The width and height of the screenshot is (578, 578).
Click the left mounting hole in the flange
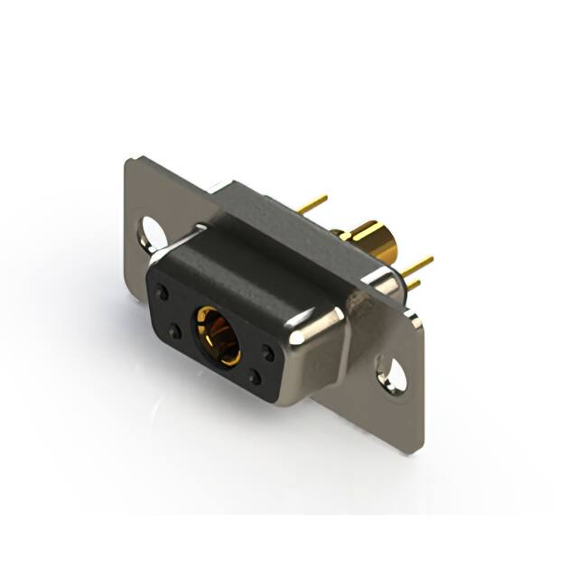tap(152, 232)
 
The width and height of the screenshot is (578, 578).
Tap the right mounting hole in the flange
tap(392, 374)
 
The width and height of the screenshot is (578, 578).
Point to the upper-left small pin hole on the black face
tap(163, 293)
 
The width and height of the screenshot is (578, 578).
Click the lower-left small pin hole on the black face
tap(175, 331)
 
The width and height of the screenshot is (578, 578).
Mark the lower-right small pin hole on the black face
tap(256, 379)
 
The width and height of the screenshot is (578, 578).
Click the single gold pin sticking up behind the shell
tap(312, 204)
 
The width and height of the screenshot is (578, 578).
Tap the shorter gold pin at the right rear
tap(412, 284)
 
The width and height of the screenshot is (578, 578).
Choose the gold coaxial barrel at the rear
tap(372, 240)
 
